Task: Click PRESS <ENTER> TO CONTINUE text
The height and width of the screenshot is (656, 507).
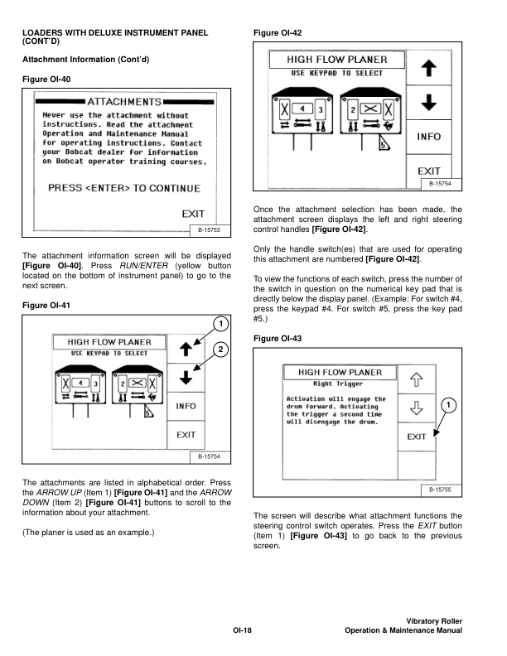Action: [x=123, y=188]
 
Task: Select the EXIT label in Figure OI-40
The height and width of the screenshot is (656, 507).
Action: [x=193, y=215]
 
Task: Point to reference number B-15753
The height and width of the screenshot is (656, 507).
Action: [x=209, y=229]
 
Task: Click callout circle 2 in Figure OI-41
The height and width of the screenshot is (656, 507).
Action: [x=220, y=349]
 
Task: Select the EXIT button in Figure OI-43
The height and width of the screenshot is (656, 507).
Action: [x=417, y=436]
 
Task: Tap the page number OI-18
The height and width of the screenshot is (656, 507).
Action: [x=242, y=631]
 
